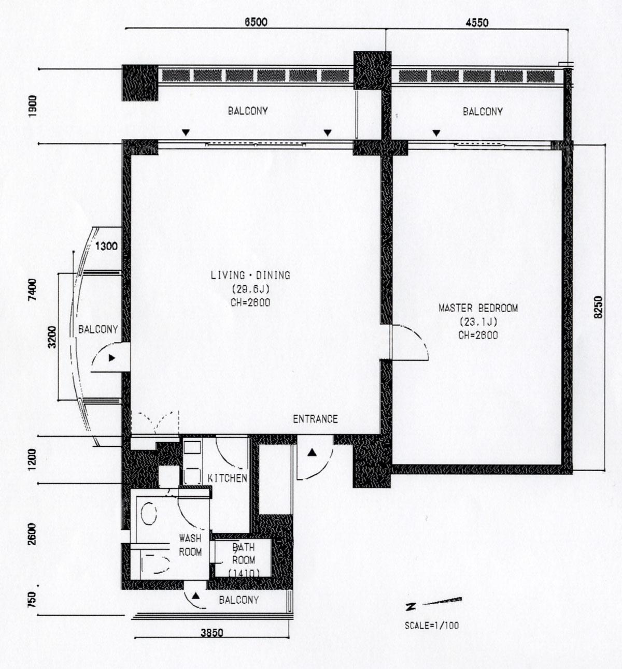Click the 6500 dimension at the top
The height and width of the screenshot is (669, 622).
[x=256, y=22]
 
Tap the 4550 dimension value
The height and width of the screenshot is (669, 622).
[x=477, y=23]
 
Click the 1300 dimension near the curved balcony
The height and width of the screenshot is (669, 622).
[x=107, y=246]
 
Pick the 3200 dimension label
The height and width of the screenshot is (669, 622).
[x=52, y=337]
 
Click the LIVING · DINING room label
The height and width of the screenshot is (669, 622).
[x=250, y=275]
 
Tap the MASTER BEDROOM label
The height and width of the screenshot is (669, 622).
[x=478, y=308]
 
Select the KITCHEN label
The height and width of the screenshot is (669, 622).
[x=228, y=478]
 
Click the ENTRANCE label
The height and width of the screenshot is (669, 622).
[x=315, y=419]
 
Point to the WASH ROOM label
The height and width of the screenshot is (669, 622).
[x=190, y=545]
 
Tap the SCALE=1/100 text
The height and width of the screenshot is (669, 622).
[x=432, y=626]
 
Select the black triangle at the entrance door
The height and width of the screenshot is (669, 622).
[x=313, y=453]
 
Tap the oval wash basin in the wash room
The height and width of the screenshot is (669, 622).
[x=148, y=514]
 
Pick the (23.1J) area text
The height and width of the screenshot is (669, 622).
[x=478, y=322]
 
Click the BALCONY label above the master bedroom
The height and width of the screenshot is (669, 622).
[x=483, y=111]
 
